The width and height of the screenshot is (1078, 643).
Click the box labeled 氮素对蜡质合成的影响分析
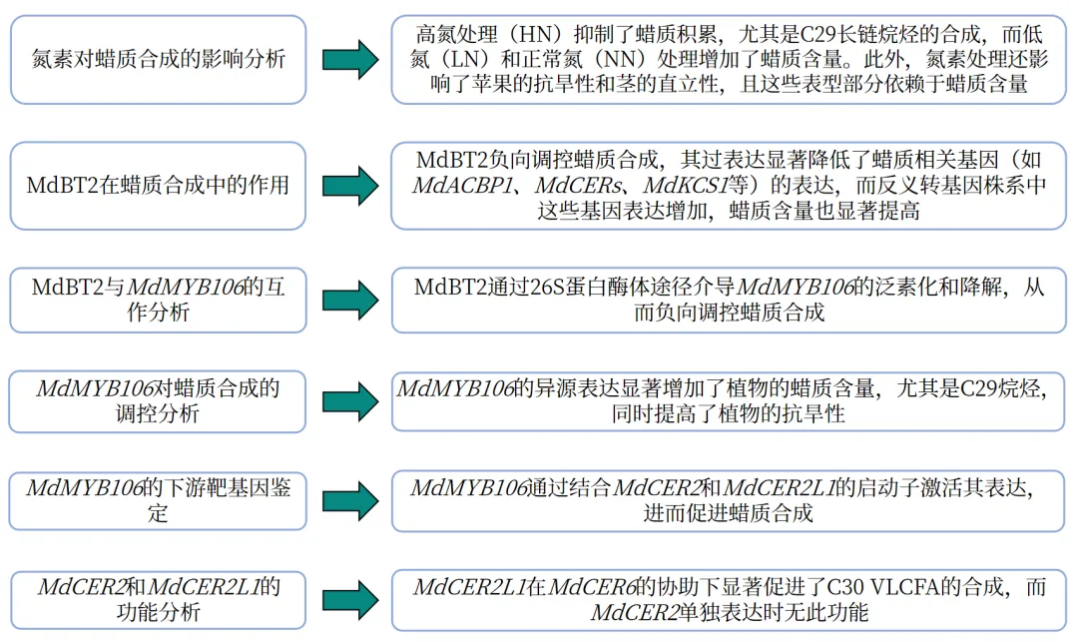point(158,59)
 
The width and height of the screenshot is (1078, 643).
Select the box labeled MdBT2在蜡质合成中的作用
point(158,186)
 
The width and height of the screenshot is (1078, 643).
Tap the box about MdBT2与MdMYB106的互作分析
point(158,300)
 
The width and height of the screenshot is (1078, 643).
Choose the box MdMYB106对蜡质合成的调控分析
point(158,400)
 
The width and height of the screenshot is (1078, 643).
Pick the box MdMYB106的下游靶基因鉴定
point(158,501)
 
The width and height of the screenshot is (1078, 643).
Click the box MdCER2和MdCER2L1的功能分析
point(158,599)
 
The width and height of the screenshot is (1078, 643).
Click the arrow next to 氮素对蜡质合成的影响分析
point(349,59)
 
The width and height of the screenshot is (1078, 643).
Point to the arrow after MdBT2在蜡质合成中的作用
point(349,186)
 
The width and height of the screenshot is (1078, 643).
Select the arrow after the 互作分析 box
point(349,300)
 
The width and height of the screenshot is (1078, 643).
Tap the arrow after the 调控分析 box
point(349,400)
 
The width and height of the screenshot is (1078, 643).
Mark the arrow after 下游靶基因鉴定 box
point(349,501)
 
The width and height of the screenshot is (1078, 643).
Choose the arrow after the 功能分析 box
point(349,599)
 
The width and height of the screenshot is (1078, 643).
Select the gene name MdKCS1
point(684,186)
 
